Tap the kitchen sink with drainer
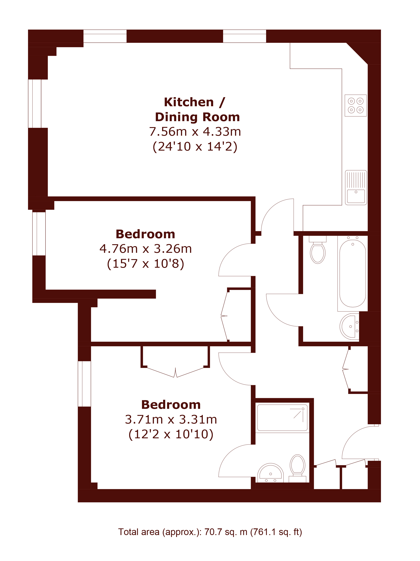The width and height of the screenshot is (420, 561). (x=356, y=187)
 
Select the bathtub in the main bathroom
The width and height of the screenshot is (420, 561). (x=352, y=273)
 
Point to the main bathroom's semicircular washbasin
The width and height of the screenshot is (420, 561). (x=349, y=326)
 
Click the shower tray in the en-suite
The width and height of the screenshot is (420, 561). (x=282, y=418)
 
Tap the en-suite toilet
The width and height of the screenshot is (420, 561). (x=297, y=468)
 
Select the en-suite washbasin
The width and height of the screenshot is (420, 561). (x=270, y=473)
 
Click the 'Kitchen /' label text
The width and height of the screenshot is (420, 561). (x=194, y=102)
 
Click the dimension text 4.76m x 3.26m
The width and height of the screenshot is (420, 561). (x=146, y=249)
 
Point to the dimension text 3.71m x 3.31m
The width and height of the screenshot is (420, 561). (x=171, y=420)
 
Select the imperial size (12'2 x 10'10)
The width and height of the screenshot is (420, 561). (x=171, y=434)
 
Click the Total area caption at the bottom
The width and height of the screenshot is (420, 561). (x=210, y=532)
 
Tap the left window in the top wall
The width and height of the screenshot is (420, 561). (x=105, y=36)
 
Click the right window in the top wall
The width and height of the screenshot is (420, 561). (x=244, y=36)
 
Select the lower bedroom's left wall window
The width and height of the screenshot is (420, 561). (x=84, y=384)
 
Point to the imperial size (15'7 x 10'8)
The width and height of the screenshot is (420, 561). (x=146, y=264)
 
